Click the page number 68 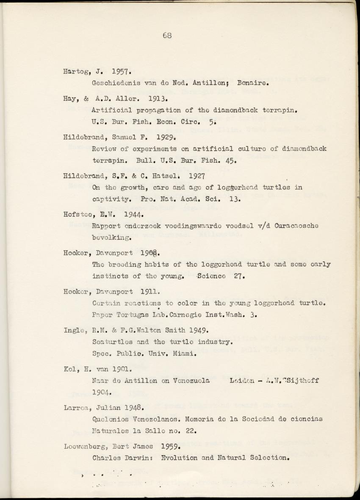[167, 36]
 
